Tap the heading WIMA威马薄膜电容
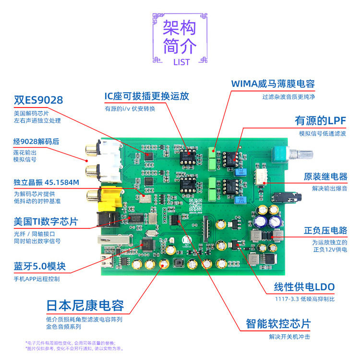click(x=273, y=83)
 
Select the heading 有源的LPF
click(x=320, y=121)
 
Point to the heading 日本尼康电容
click(x=85, y=305)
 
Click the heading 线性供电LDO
click(x=304, y=287)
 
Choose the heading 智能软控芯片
click(x=278, y=323)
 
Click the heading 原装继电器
click(x=325, y=177)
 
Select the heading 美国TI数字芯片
click(x=46, y=222)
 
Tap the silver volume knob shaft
click(x=302, y=154)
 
